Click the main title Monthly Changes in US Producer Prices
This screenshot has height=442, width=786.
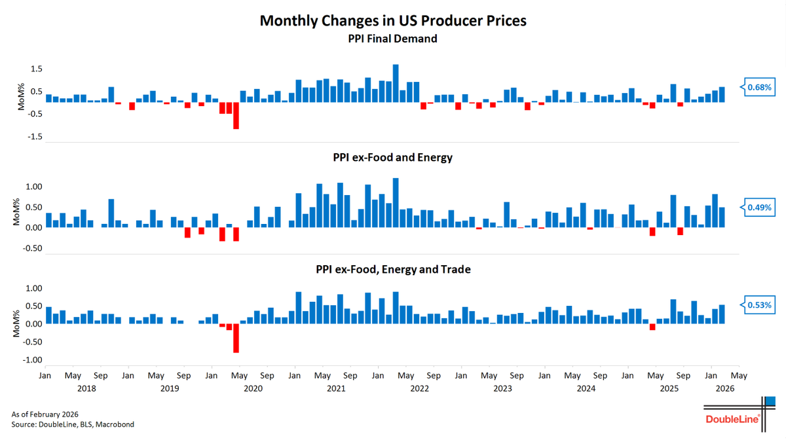(393, 20)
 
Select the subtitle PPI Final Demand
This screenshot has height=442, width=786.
(393, 39)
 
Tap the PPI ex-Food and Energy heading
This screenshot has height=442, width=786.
(393, 158)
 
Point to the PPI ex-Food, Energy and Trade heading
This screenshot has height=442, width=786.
(393, 269)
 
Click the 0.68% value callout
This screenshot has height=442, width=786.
(759, 87)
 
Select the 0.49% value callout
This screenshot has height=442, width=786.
(759, 208)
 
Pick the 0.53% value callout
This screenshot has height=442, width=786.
(759, 305)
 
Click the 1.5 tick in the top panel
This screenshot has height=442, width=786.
(37, 69)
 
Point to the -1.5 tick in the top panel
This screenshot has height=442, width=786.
(35, 137)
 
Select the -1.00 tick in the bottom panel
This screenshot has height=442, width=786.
(33, 360)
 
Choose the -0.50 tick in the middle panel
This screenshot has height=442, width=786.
(33, 249)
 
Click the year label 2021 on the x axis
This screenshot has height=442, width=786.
(336, 388)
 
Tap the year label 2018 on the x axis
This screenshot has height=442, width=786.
(86, 388)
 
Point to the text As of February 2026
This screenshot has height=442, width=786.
(46, 414)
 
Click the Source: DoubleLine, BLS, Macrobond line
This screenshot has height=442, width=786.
(73, 424)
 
